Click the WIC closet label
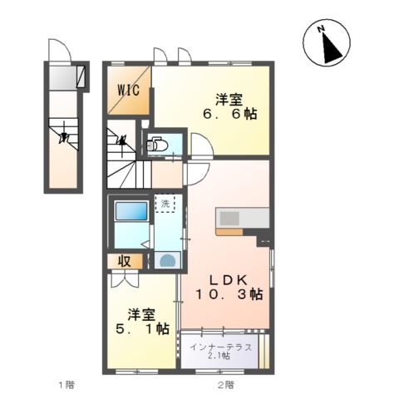pos(128,90)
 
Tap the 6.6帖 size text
pos(230,114)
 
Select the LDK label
pos(229,280)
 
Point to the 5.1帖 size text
pos(142,328)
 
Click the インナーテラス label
pos(221,347)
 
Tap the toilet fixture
pos(156,145)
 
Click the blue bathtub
pos(131,211)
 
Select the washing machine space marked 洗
pos(165,204)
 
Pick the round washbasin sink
pos(168,261)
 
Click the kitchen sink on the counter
pos(229,219)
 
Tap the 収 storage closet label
pos(125,261)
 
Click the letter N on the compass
pos(321,28)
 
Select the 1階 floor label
pos(66,385)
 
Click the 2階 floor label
pos(225,385)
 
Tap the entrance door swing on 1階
pos(60,50)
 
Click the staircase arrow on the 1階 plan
pos(64,136)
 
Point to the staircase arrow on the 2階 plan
pos(122,140)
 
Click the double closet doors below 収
pos(125,280)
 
